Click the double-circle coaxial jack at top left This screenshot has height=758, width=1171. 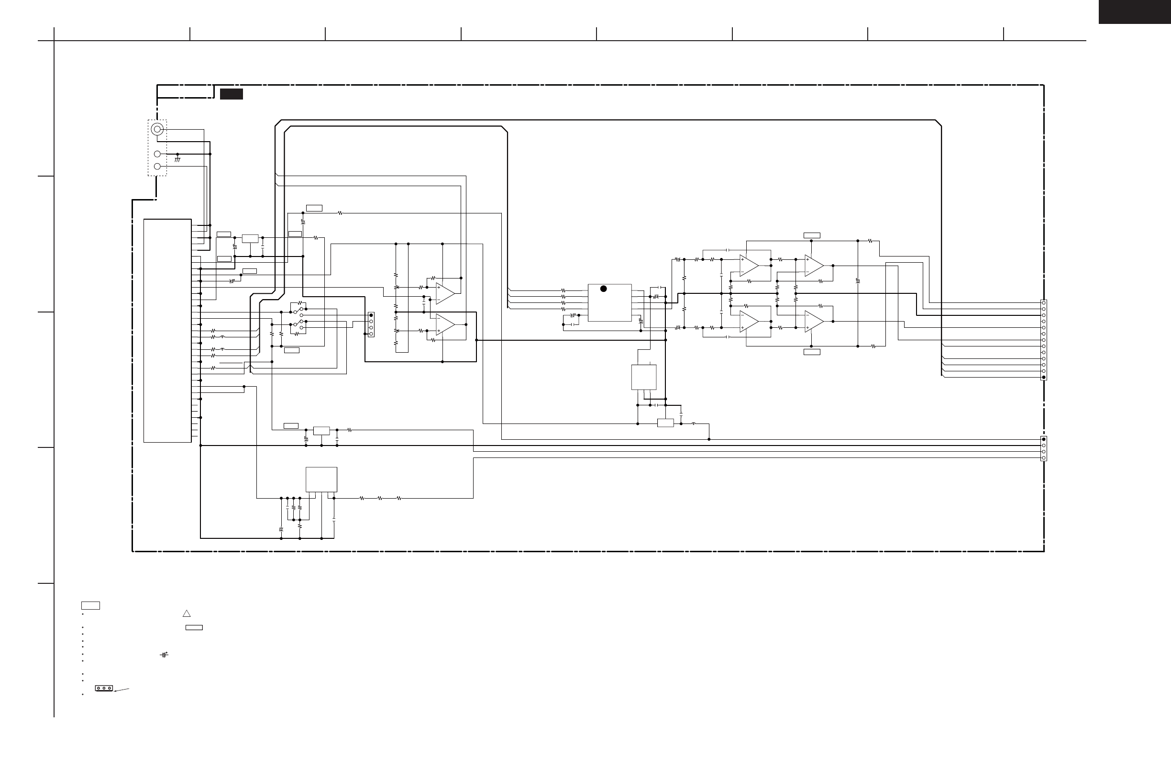(x=157, y=130)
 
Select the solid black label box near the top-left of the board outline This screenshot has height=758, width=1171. (x=231, y=94)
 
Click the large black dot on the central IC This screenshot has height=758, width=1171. (x=604, y=289)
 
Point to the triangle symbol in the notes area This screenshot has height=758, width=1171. (x=187, y=613)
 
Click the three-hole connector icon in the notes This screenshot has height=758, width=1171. (x=104, y=688)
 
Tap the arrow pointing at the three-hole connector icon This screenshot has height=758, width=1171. (x=122, y=690)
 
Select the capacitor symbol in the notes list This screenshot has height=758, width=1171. (x=164, y=655)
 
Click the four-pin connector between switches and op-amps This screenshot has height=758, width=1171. (x=371, y=324)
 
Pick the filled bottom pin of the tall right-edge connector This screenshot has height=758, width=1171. (x=1044, y=378)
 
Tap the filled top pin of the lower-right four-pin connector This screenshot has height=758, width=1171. (x=1044, y=439)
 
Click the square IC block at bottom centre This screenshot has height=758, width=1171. (x=321, y=479)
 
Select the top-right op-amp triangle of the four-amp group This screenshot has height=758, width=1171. (x=814, y=266)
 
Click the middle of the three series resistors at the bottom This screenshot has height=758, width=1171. (x=380, y=498)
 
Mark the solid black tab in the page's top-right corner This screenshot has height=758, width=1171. (x=1135, y=11)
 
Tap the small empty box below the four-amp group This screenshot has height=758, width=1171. (x=812, y=352)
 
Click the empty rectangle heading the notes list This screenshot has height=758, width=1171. (x=90, y=605)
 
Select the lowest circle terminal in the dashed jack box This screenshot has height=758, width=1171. (x=157, y=167)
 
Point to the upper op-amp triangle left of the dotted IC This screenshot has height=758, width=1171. (x=445, y=293)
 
